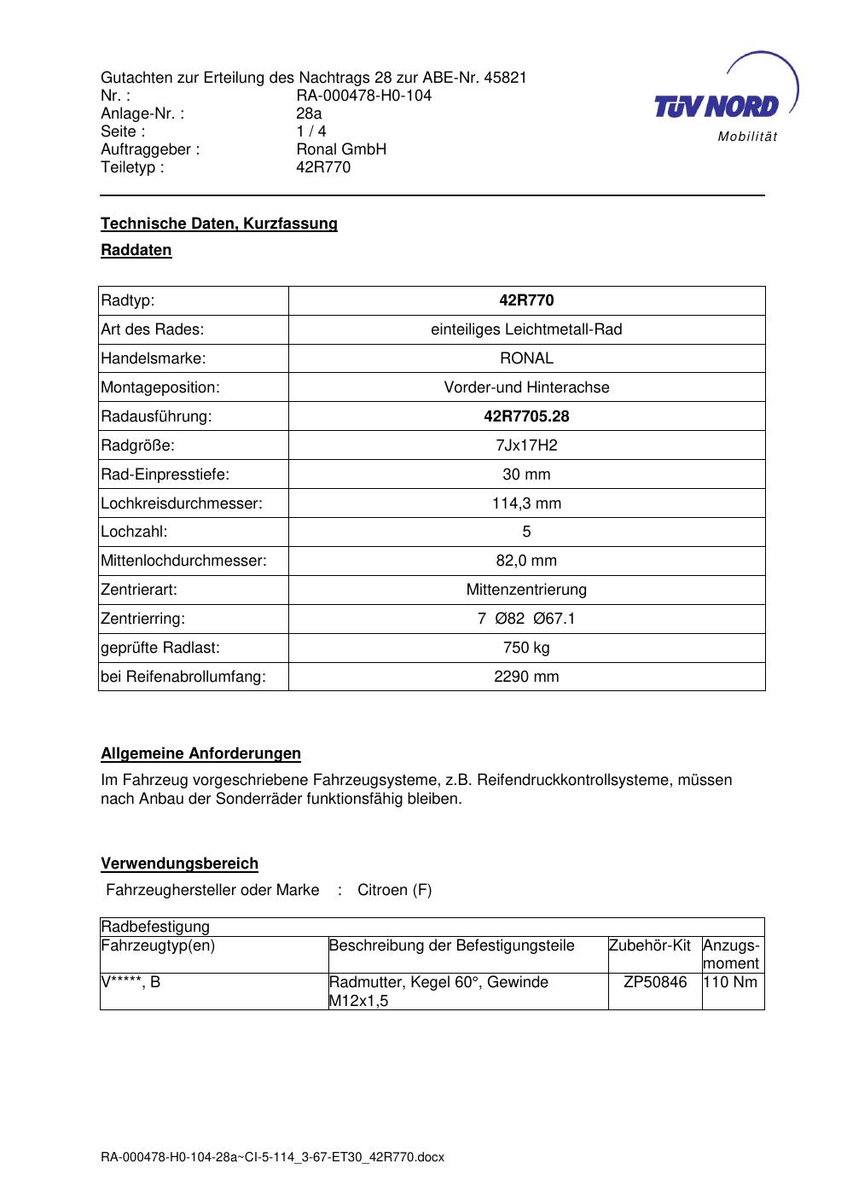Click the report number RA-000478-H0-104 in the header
pyautogui.click(x=363, y=96)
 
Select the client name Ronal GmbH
pyautogui.click(x=341, y=149)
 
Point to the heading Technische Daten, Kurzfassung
pyautogui.click(x=219, y=224)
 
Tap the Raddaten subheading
pyautogui.click(x=136, y=250)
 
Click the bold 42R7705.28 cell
pyautogui.click(x=526, y=416)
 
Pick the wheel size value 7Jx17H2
pyautogui.click(x=526, y=445)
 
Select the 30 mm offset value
pyautogui.click(x=526, y=474)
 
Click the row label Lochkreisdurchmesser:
pyautogui.click(x=182, y=503)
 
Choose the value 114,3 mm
pyautogui.click(x=526, y=503)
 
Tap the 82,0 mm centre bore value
pyautogui.click(x=526, y=561)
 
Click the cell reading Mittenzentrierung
pyautogui.click(x=526, y=590)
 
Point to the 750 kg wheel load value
pyautogui.click(x=526, y=648)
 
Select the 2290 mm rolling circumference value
pyautogui.click(x=526, y=677)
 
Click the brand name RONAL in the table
pyautogui.click(x=526, y=358)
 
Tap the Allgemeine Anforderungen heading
pyautogui.click(x=201, y=753)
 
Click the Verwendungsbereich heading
pyautogui.click(x=180, y=864)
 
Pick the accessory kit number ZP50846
pyautogui.click(x=655, y=982)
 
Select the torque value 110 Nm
pyautogui.click(x=730, y=982)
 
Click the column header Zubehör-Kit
pyautogui.click(x=650, y=945)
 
